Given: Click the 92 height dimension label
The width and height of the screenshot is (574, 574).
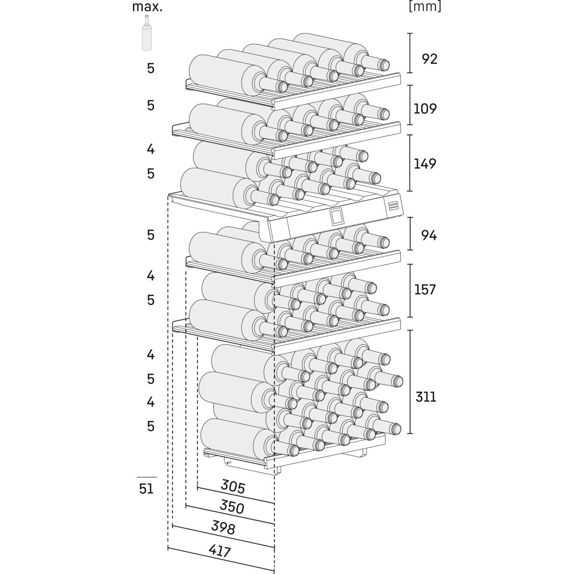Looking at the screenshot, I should pos(429,59).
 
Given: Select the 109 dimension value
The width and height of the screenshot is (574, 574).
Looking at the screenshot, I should pos(425,109).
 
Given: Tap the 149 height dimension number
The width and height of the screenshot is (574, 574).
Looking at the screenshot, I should pos(425,164).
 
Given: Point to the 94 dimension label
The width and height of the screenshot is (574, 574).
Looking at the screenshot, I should pos(429,235).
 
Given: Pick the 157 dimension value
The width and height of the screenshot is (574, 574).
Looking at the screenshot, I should pos(425,289).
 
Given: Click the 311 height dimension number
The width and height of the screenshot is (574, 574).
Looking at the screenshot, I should pos(426,397).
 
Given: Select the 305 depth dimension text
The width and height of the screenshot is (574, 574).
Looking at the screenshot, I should pos(232,487).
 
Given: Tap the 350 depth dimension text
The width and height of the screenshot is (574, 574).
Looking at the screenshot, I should pos(232,507).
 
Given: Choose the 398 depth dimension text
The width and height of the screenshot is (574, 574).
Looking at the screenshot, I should pos(223,529).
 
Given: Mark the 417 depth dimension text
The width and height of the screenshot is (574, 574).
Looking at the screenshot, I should pos(220,551).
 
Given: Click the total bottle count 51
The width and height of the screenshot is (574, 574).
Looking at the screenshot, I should pos(146,489).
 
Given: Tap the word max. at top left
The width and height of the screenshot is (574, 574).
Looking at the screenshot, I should pos(147,7).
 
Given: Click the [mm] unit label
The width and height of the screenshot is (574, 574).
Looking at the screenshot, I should pos(425,7).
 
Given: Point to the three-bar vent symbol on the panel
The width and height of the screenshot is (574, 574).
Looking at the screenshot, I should pos(393,206).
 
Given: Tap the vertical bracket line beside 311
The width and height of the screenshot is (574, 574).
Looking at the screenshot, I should pos(410,382).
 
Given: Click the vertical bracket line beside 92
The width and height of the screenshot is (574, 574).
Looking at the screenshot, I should pos(410,53).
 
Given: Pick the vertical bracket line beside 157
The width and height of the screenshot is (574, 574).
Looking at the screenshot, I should pos(410,290).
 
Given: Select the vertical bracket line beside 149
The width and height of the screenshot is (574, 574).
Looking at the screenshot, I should pos(410,163).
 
